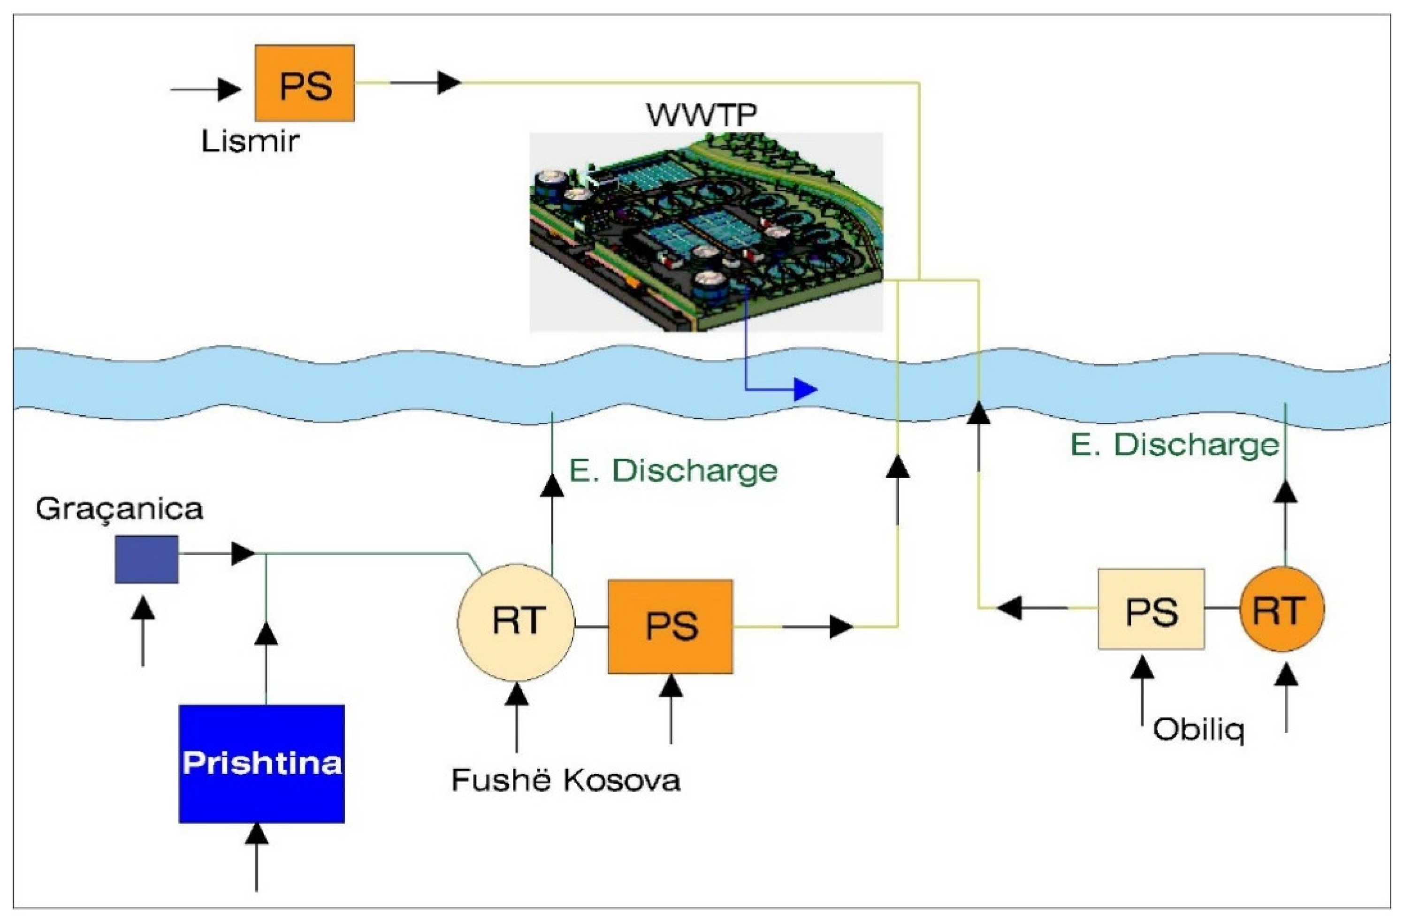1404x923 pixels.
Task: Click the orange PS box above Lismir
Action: (305, 83)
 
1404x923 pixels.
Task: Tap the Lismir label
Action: (250, 142)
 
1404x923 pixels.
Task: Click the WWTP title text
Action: (702, 114)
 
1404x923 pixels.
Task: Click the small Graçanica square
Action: (146, 559)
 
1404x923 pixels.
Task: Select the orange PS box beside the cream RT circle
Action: (670, 626)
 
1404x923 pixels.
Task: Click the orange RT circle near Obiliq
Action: (1282, 609)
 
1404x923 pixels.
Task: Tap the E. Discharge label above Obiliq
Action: (1174, 445)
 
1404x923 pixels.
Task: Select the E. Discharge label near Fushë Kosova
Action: (673, 471)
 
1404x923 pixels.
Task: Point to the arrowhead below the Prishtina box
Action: (257, 834)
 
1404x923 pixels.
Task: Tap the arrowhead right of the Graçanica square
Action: (243, 554)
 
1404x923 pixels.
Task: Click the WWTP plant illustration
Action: (706, 232)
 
